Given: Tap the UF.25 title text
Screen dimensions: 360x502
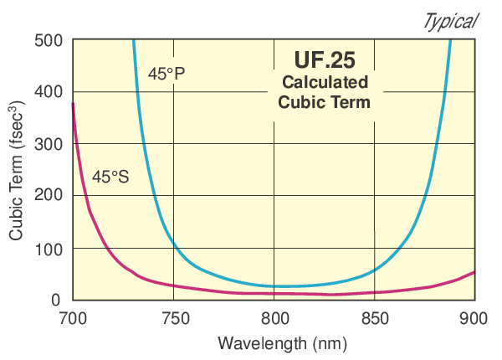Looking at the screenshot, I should pos(325,60).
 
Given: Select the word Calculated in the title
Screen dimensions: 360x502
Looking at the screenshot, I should pos(325,83).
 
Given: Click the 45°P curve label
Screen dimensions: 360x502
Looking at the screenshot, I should pos(166,74).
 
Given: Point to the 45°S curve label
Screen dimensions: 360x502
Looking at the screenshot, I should pos(110,177).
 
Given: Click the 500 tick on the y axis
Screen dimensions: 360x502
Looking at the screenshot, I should pos(49,40).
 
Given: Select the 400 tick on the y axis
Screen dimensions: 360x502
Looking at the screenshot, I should pos(49,92).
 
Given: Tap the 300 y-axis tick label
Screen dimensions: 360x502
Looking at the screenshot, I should pos(49,144).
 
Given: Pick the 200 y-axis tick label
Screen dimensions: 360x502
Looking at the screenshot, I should pos(49,196).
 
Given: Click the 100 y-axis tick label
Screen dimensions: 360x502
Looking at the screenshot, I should pos(49,248).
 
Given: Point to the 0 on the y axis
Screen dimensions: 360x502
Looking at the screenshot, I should pos(56,300).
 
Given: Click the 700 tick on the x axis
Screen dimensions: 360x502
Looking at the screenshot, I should pos(74,319).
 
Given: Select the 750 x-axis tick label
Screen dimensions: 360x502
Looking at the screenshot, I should pos(174,319).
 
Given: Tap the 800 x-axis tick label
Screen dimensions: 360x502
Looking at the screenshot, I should pos(274,319).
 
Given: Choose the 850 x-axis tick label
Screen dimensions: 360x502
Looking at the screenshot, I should pos(375,319).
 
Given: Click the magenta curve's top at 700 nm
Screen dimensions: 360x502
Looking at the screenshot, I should pos(74,104).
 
